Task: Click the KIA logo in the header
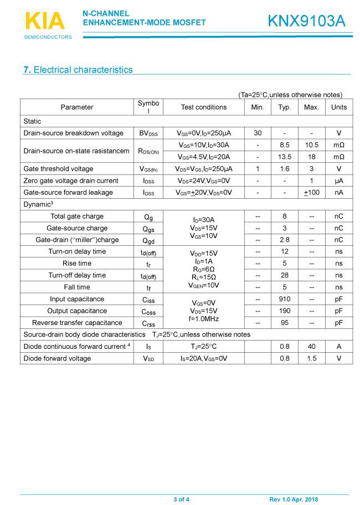coord(45,21)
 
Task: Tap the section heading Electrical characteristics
coord(78,70)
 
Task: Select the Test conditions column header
coord(203,107)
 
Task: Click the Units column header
coord(338,107)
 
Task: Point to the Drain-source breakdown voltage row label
coord(73,133)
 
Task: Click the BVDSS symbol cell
coord(148,133)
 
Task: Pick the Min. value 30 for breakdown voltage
coord(258,133)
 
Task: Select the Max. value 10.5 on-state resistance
coord(312,145)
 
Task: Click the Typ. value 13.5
coord(285,157)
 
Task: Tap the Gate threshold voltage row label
coord(58,169)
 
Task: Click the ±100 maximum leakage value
coord(312,193)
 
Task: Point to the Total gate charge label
coord(77,217)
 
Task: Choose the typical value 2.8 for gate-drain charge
coord(285,240)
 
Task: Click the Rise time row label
coord(77,264)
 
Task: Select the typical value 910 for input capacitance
coord(285,299)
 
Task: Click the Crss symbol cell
coord(148,323)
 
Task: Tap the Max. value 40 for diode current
coord(312,347)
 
